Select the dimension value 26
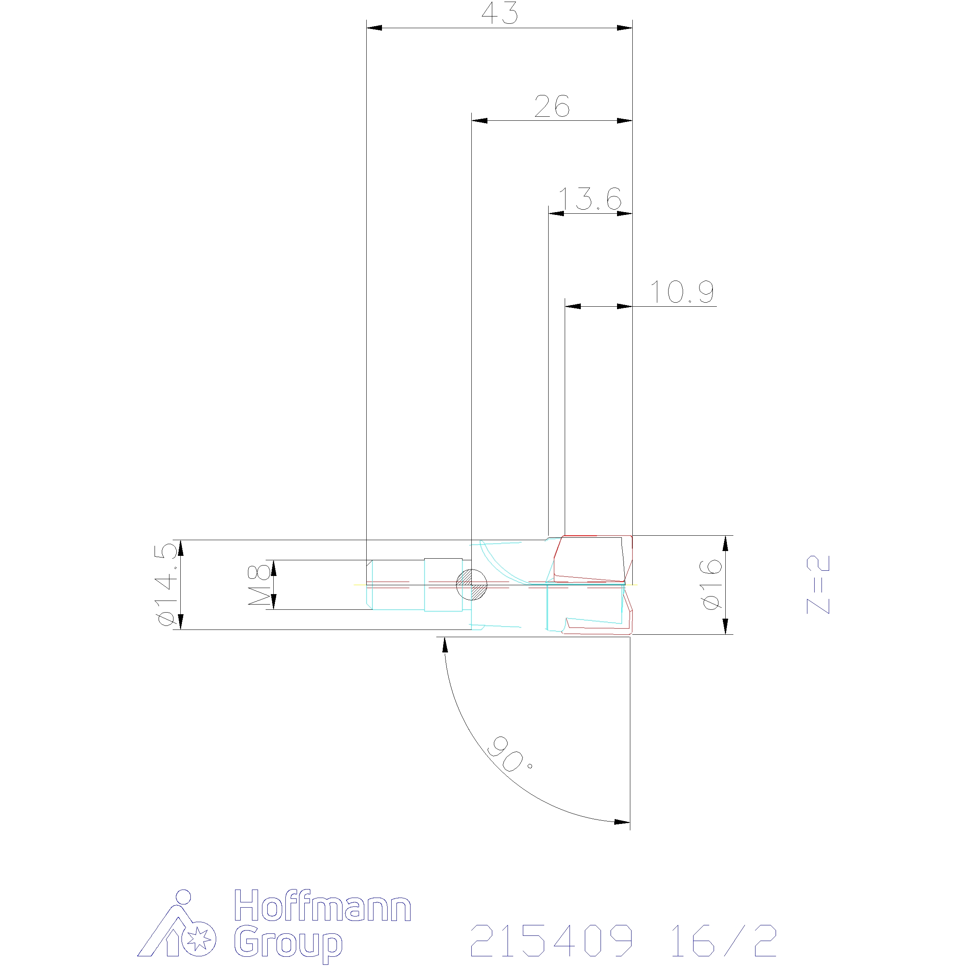click(x=551, y=107)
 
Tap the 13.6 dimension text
click(x=590, y=199)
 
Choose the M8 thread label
click(x=260, y=584)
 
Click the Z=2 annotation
click(x=819, y=584)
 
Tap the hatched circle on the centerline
click(x=471, y=584)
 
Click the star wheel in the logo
click(x=198, y=939)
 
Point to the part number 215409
click(x=551, y=941)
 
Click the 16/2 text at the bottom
click(x=723, y=941)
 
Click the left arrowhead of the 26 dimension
click(x=479, y=120)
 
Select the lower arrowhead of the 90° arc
click(x=622, y=822)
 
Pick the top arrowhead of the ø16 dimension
click(x=725, y=543)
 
